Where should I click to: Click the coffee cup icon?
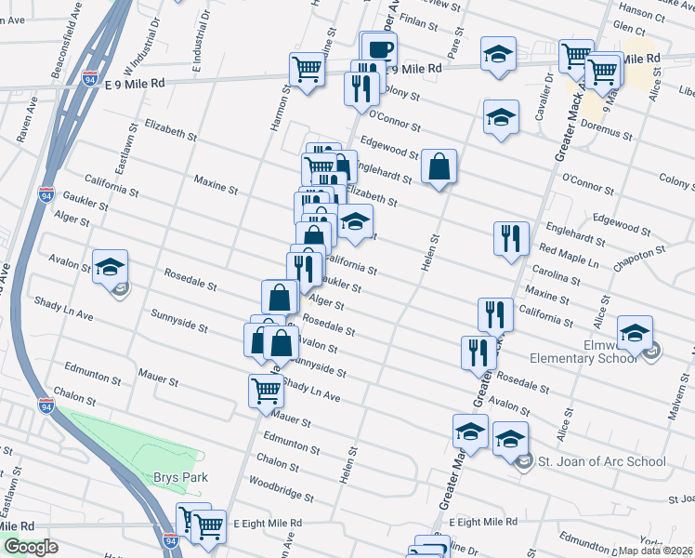pos(378,48)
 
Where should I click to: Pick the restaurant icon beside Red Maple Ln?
pos(511,239)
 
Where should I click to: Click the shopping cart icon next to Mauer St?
pos(266,392)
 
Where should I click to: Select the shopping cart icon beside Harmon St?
pos(308,69)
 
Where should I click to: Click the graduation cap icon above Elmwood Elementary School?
pos(636,333)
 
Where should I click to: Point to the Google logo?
pos(31,547)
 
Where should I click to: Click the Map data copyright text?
pos(655,550)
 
